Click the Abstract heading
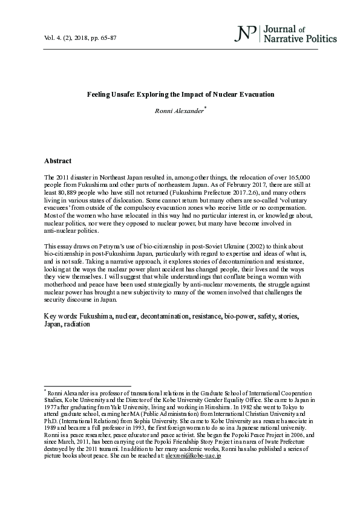point(58,161)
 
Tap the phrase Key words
point(58,316)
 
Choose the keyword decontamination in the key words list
point(166,316)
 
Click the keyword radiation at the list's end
point(77,324)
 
